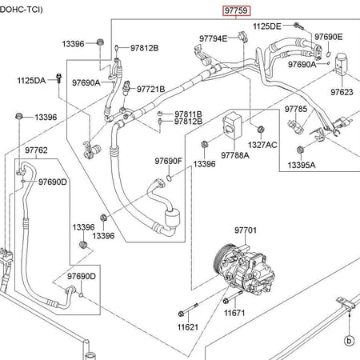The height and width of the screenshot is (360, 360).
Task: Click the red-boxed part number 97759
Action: tap(237, 11)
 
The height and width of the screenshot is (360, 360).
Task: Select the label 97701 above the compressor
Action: tap(246, 230)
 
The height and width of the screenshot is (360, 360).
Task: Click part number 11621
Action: tap(188, 327)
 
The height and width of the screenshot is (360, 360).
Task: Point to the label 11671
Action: tap(234, 313)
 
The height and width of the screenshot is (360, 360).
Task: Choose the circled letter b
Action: tap(349, 341)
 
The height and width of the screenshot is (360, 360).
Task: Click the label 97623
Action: tap(342, 92)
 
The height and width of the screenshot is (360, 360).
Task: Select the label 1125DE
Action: tap(267, 26)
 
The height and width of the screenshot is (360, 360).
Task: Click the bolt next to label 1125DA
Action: tap(59, 78)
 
